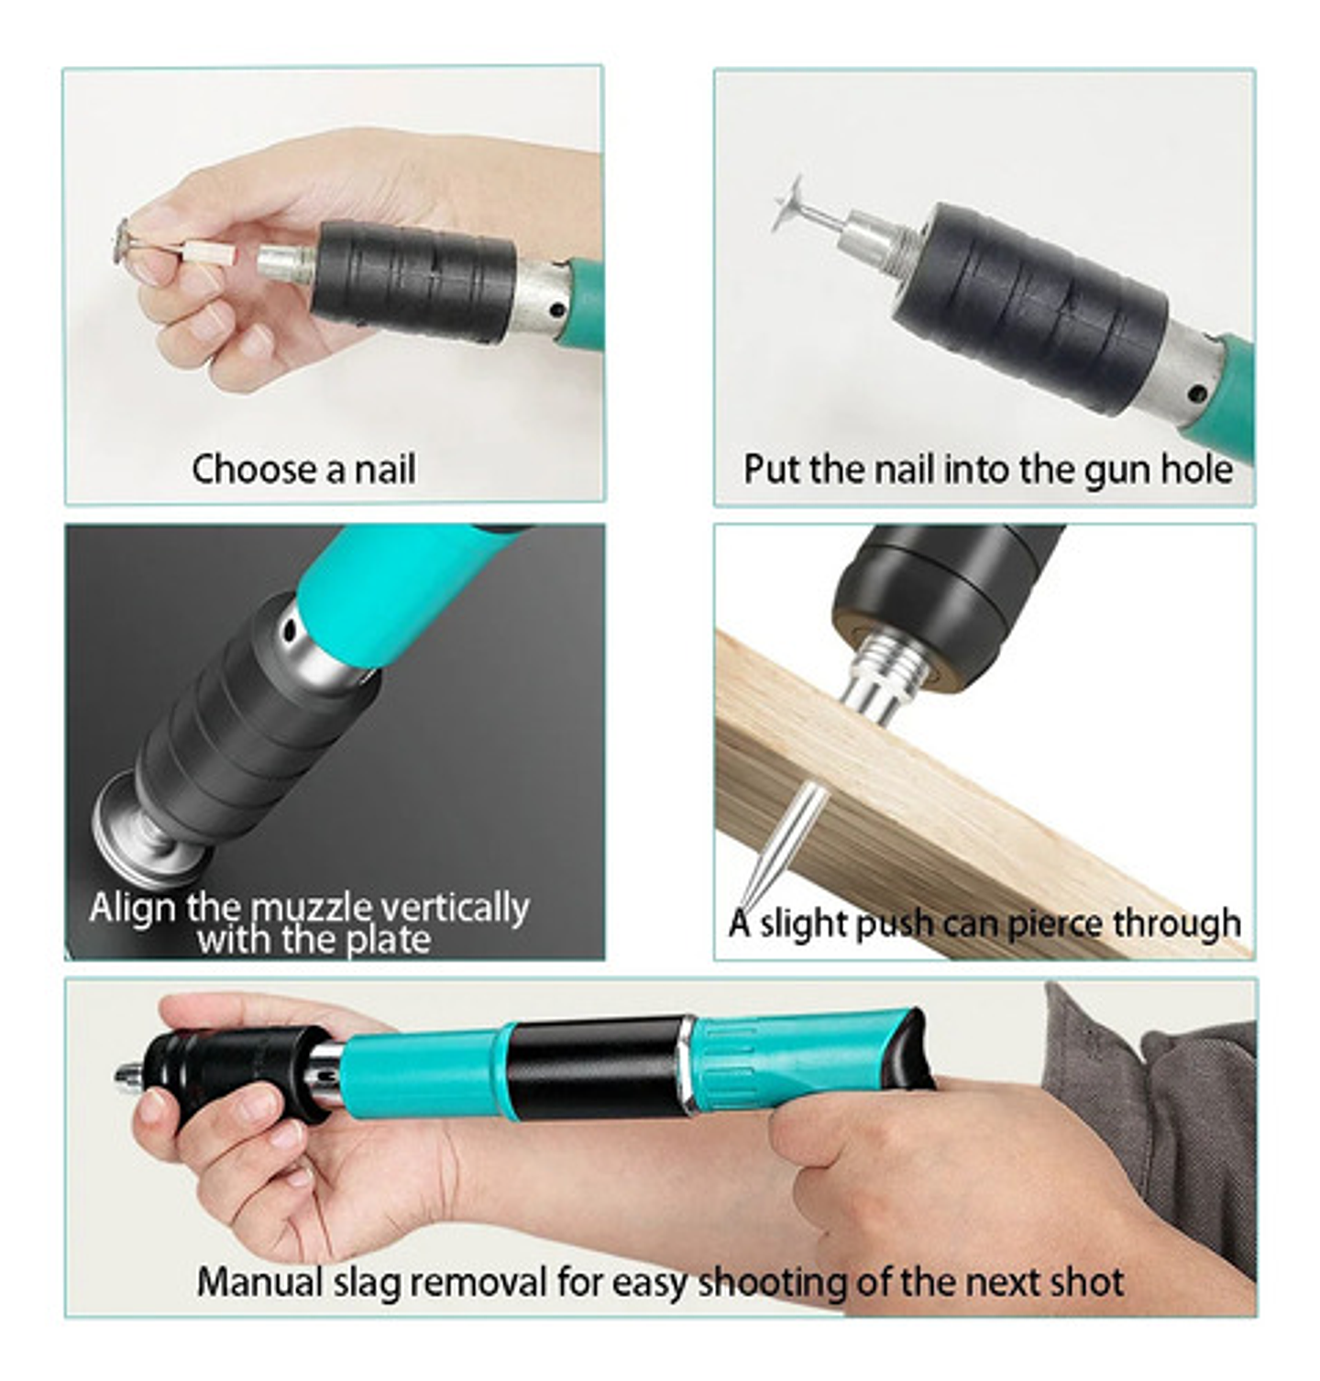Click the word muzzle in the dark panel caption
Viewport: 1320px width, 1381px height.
[x=312, y=908]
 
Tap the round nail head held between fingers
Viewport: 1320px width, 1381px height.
[x=122, y=241]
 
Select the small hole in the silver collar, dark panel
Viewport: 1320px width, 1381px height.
[x=291, y=631]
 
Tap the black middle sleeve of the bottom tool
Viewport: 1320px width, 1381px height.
[x=598, y=1066]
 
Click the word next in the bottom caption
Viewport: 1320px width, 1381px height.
[x=1018, y=1282]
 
